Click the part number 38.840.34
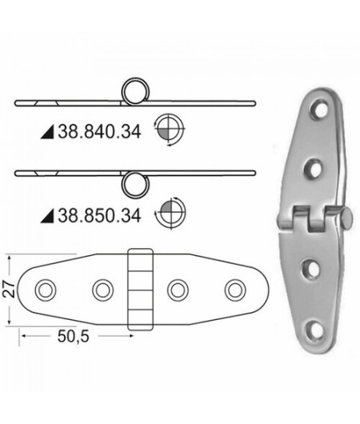pos(94,136)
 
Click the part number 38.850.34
pos(94,214)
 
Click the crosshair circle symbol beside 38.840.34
pos(170,129)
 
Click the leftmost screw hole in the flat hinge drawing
pos(46,288)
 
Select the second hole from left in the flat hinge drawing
pos(102,288)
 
